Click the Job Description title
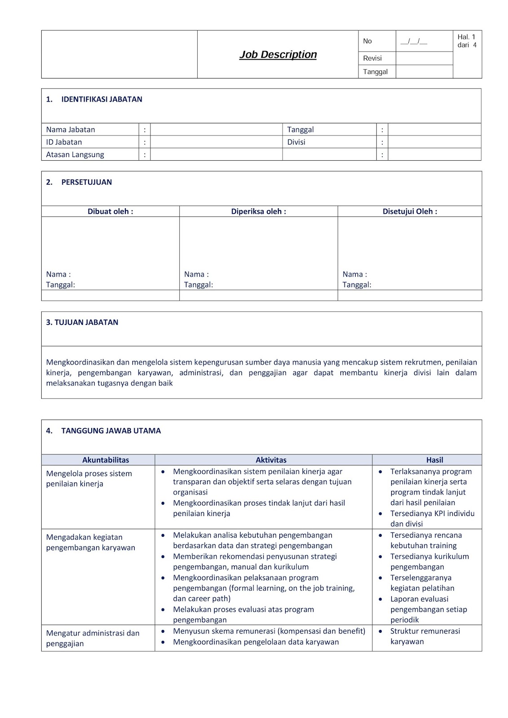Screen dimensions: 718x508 (x=278, y=55)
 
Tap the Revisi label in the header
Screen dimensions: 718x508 (x=372, y=58)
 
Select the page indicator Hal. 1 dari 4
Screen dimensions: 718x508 (x=467, y=41)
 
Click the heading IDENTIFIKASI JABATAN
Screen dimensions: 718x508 (x=102, y=100)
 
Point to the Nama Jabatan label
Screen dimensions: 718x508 (x=71, y=130)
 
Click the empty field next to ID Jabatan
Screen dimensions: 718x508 (x=216, y=142)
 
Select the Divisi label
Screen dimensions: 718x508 (x=296, y=142)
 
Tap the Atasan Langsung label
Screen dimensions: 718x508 (x=75, y=155)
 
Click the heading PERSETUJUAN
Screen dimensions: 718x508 (x=86, y=182)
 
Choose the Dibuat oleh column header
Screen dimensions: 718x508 (x=110, y=211)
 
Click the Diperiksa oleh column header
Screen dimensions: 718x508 (x=258, y=211)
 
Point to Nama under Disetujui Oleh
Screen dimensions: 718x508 (x=354, y=274)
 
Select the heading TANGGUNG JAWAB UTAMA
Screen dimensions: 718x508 (x=110, y=431)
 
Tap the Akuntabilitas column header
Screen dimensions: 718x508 (x=106, y=460)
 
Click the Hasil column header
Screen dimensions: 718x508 (x=434, y=460)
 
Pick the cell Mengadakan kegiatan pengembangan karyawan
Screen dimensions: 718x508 (x=90, y=543)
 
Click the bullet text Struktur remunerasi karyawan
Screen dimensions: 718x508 (x=424, y=636)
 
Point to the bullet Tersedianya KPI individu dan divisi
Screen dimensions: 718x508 (x=432, y=519)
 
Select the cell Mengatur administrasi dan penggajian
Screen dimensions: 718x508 (x=93, y=638)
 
